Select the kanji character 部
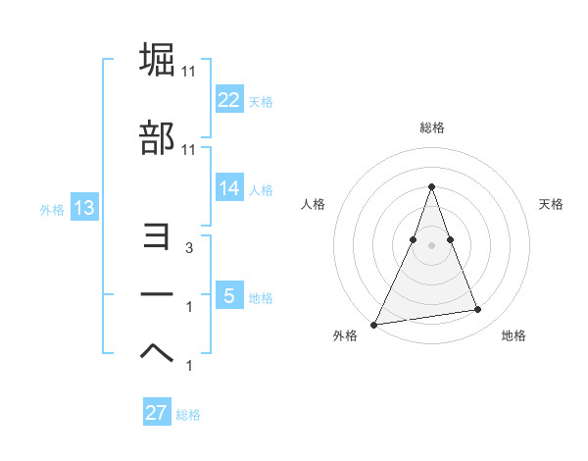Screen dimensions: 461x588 tap(158, 138)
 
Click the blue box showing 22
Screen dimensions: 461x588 tap(229, 100)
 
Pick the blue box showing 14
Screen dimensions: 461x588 tap(229, 189)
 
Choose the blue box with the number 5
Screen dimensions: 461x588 tap(229, 296)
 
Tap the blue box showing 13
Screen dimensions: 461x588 tap(83, 209)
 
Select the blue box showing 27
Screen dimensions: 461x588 tap(157, 413)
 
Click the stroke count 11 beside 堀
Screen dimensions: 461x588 tap(190, 72)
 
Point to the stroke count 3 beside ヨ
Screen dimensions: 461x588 tap(189, 249)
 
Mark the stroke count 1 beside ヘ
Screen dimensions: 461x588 tap(189, 366)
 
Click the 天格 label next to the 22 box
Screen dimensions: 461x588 tap(261, 101)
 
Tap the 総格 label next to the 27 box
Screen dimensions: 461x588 tap(188, 414)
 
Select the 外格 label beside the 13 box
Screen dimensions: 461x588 tap(52, 210)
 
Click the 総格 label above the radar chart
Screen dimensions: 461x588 tap(431, 128)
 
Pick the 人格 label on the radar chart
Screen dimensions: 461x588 tap(314, 204)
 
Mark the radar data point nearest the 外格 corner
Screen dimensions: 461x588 tap(374, 324)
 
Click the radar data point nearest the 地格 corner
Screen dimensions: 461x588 tap(478, 310)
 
